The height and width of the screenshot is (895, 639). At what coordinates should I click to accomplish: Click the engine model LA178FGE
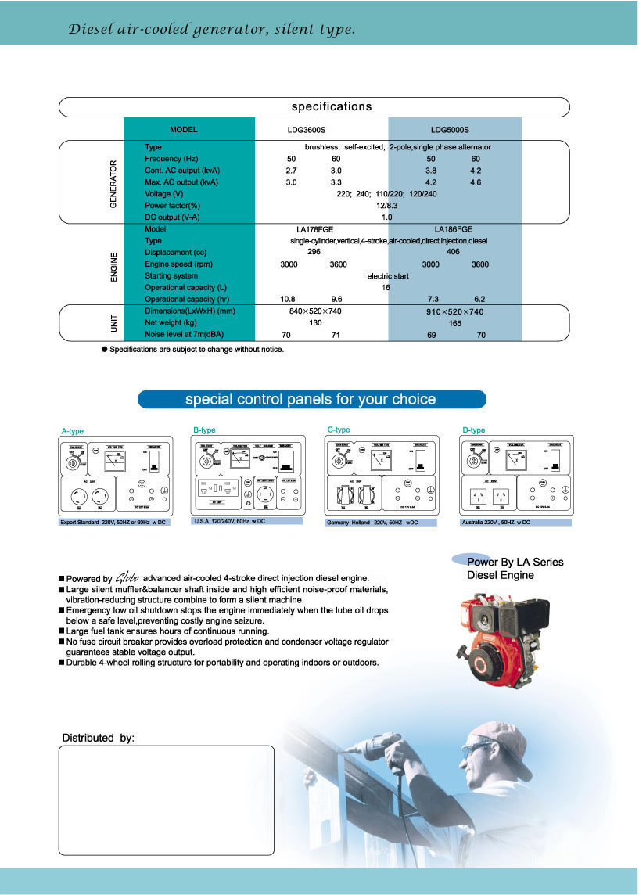[x=314, y=229]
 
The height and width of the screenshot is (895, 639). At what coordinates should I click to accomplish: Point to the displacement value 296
[x=314, y=253]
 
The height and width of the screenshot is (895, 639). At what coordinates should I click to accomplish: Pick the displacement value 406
[x=453, y=253]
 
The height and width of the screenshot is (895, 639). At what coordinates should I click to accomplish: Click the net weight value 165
[x=454, y=323]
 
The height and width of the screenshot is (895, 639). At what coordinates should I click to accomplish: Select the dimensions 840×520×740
[x=316, y=311]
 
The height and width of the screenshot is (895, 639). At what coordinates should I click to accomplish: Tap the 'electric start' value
[x=389, y=276]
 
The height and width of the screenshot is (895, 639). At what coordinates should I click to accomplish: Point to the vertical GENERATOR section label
[x=113, y=184]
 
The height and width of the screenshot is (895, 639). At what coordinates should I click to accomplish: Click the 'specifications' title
[x=332, y=106]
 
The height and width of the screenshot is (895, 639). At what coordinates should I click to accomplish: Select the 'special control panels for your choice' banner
[x=311, y=400]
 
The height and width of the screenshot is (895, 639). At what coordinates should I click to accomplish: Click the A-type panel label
[x=73, y=431]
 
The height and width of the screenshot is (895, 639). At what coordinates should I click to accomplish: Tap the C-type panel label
[x=339, y=430]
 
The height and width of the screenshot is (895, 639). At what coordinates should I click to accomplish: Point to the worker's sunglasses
[x=478, y=749]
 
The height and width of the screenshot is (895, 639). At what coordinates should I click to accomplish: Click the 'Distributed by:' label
[x=98, y=738]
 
